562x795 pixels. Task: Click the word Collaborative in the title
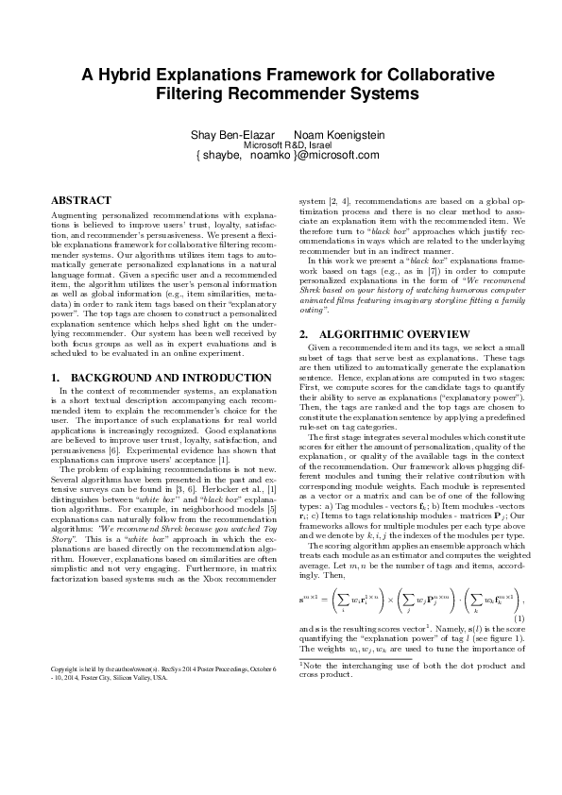coord(426,76)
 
